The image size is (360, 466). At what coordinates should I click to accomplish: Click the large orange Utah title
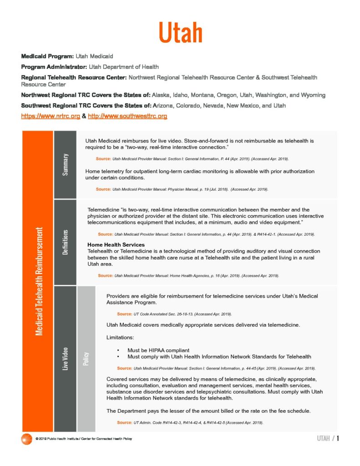point(180,33)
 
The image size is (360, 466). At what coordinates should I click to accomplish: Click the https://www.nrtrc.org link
point(51,116)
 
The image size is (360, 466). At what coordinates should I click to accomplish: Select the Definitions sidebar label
point(66,242)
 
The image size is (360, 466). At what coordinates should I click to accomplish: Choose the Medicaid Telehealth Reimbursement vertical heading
point(39,281)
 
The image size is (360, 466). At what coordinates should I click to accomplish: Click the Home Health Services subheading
point(116,245)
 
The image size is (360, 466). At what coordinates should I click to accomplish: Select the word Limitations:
point(121,338)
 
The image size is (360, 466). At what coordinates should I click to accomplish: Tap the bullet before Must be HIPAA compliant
point(118,350)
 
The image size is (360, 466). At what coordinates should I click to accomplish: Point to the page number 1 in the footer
point(338,439)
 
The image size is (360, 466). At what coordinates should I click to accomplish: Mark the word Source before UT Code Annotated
point(124,314)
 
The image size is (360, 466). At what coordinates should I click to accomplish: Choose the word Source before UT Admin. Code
point(124,423)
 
